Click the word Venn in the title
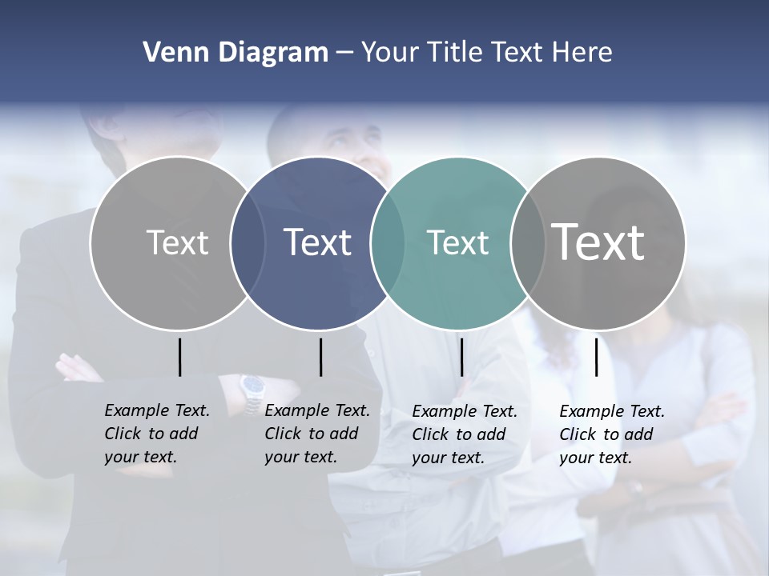[x=169, y=53]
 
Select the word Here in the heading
[x=582, y=53]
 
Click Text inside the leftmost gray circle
[x=177, y=242]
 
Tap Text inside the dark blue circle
[x=317, y=242]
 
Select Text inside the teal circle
[x=457, y=242]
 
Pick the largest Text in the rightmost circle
[x=598, y=242]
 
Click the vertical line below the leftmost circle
[x=180, y=357]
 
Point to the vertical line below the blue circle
[x=320, y=357]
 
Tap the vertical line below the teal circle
[x=461, y=357]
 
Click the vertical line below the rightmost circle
[x=597, y=357]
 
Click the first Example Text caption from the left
[x=156, y=434]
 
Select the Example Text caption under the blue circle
[x=316, y=434]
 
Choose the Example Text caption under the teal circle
[x=465, y=434]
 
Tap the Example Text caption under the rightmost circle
[x=612, y=434]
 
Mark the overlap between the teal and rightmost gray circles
[x=528, y=242]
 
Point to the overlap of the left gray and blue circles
[x=248, y=242]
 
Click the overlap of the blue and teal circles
[x=388, y=242]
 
